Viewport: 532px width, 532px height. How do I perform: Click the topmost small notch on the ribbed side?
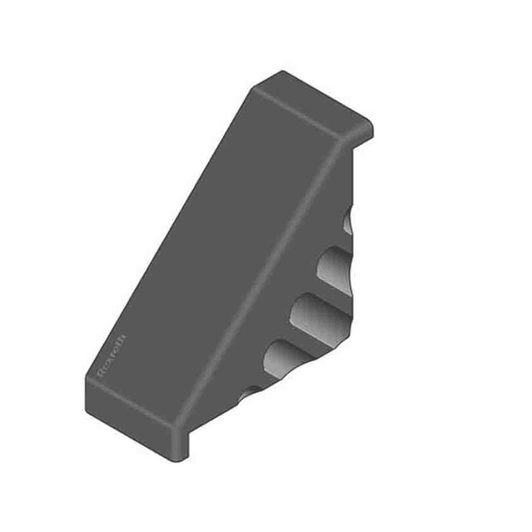click(x=348, y=223)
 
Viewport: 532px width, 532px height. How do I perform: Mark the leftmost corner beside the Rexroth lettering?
click(x=86, y=379)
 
